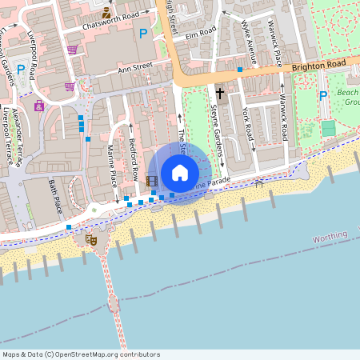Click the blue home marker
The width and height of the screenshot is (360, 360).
(x=180, y=173)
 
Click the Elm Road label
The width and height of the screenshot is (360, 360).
(x=201, y=33)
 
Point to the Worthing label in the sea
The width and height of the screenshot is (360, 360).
(x=330, y=238)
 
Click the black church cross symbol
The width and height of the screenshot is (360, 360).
(x=219, y=94)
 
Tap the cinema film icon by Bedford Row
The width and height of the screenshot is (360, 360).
(x=152, y=180)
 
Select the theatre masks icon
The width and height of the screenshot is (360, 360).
(x=92, y=238)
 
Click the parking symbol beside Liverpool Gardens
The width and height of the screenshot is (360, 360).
(x=20, y=70)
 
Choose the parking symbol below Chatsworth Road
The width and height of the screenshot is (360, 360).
(x=143, y=33)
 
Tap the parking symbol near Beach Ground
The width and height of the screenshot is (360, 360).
(x=322, y=96)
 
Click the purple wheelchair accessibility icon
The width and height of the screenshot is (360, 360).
(x=38, y=106)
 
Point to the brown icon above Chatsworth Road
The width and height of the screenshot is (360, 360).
(x=107, y=12)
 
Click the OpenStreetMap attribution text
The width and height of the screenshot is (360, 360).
(x=81, y=354)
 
